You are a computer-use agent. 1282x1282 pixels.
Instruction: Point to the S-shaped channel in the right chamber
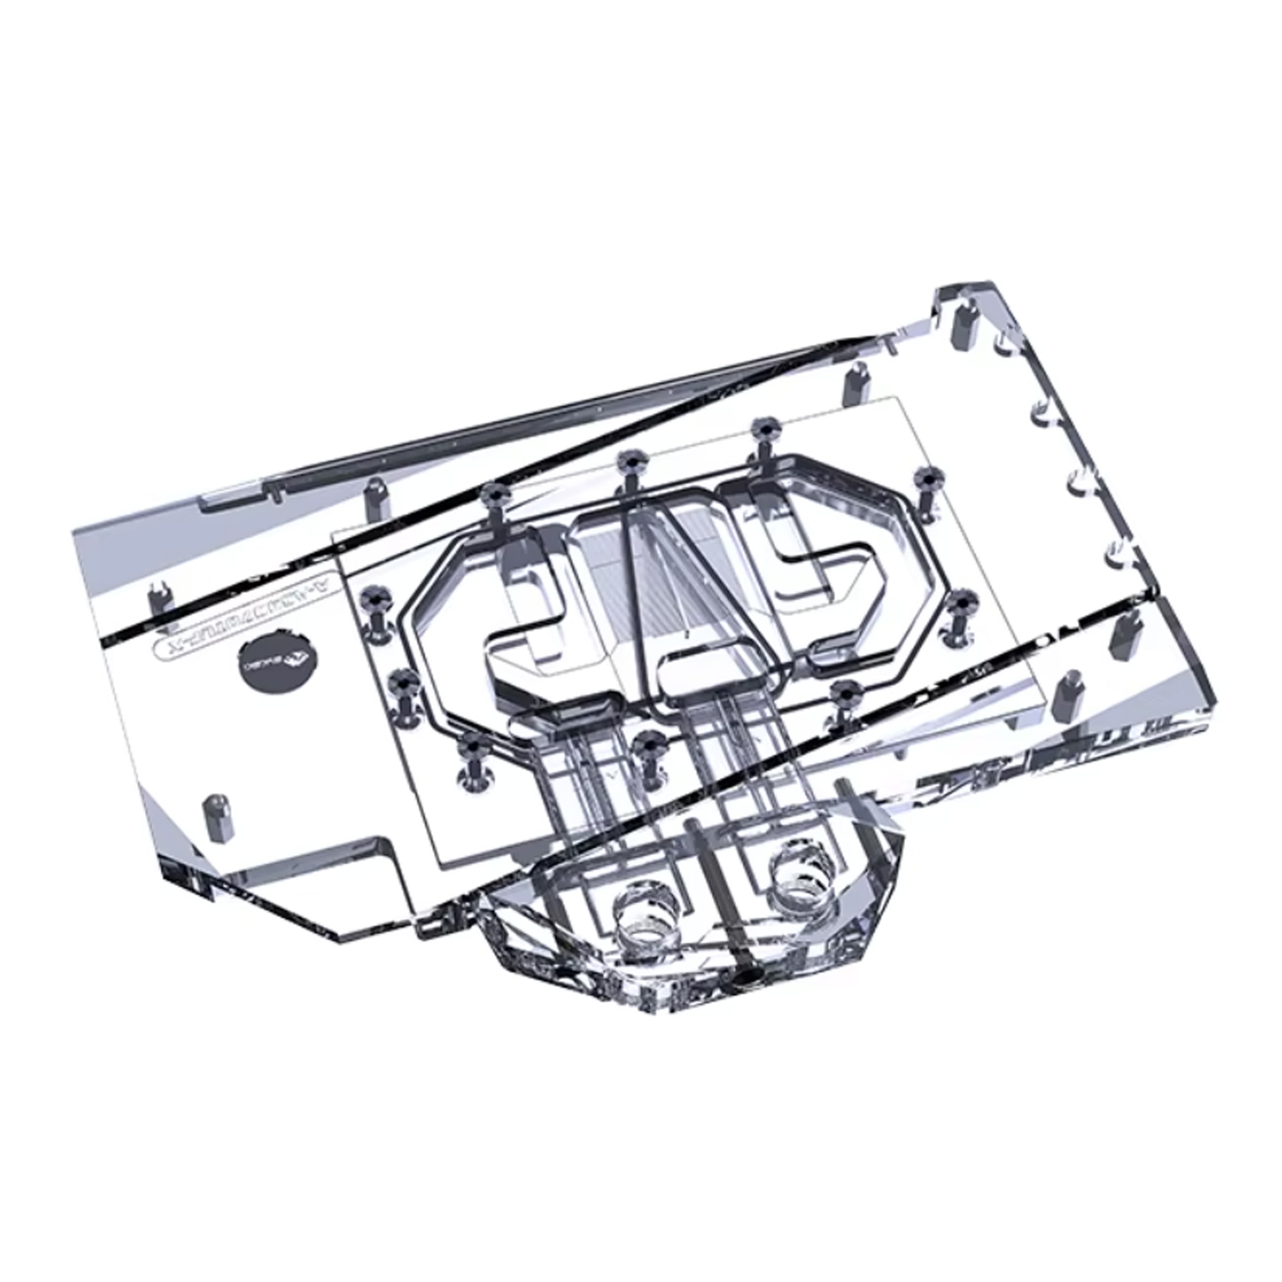pyautogui.click(x=823, y=564)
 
